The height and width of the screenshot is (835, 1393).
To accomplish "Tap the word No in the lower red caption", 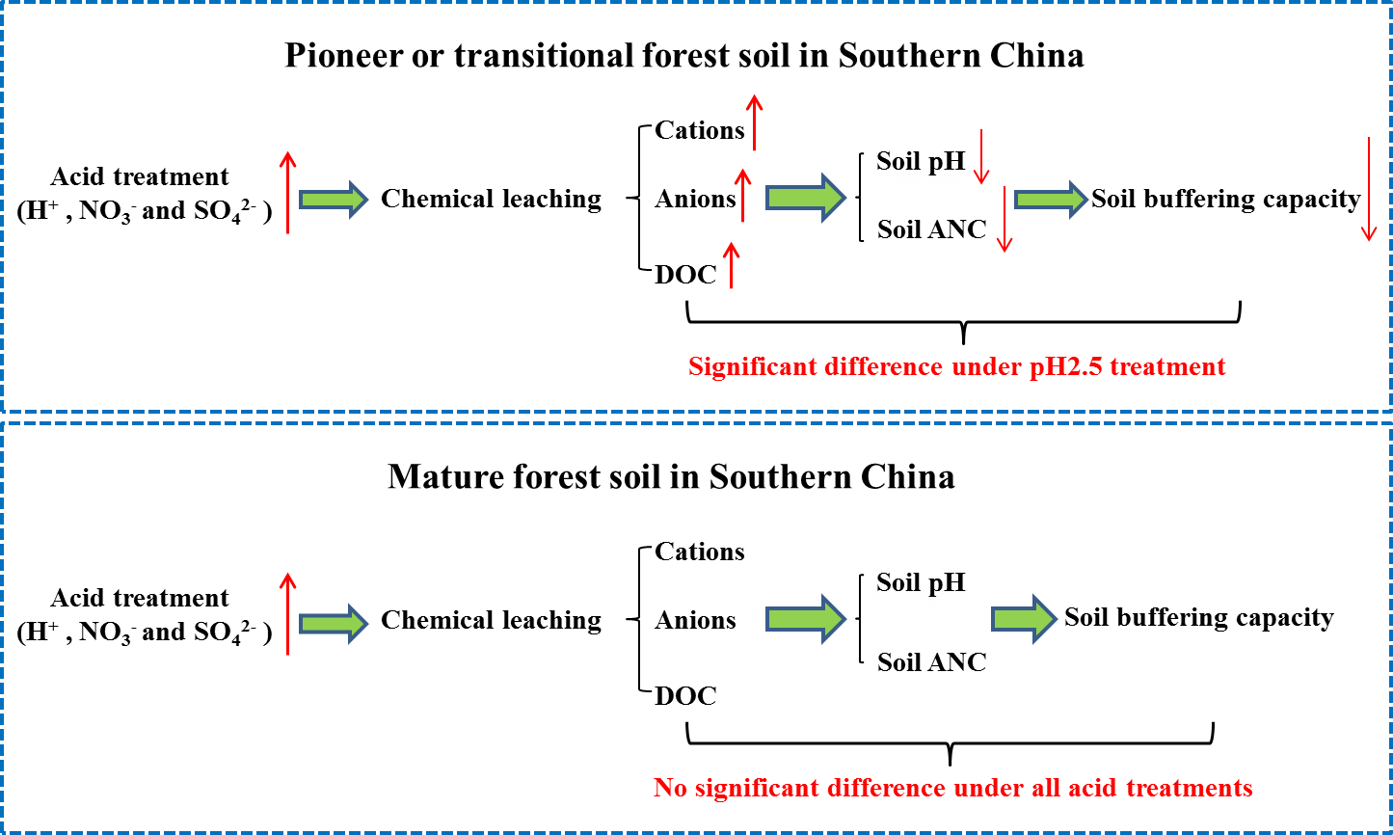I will coord(669,788).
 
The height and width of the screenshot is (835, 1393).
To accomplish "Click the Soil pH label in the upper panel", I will coord(920,163).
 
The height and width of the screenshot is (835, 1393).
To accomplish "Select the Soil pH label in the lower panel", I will coord(920,584).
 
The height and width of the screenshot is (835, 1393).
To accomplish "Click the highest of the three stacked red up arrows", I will coord(754,122).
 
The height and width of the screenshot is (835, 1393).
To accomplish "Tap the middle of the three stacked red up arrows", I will coord(742,195).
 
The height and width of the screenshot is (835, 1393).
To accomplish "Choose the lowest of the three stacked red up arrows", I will coord(731,265).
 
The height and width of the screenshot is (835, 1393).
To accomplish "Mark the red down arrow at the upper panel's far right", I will coord(1368,189).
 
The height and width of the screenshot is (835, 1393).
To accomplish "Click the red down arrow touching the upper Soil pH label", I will coord(980,156).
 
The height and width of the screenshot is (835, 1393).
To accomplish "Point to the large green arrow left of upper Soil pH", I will coord(805,198).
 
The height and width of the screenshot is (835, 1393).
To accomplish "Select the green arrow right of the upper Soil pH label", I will coord(1051,199).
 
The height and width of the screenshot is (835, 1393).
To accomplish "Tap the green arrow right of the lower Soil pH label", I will coord(1024,619).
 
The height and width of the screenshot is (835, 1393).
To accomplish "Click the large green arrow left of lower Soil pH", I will coord(805,619).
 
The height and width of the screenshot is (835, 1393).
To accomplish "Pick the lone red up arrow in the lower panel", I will coord(287,613).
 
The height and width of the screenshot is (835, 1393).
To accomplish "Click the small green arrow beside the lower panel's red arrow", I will coord(334,624).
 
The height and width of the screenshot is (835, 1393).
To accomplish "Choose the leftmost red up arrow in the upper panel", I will coord(287,192).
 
